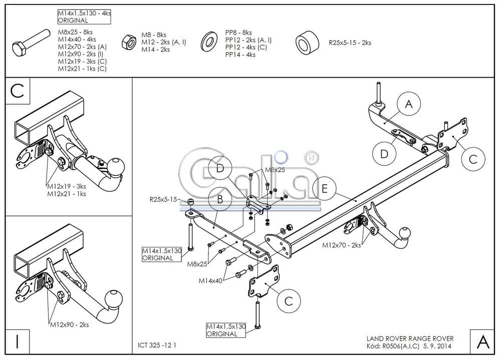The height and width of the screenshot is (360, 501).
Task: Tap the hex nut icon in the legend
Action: point(128,42)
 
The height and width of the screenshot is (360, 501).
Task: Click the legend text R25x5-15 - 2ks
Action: point(350,43)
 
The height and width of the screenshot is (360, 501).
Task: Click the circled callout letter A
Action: point(409,104)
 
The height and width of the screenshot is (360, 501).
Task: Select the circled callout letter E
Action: point(325,189)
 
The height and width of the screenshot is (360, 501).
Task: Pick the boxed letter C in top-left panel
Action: point(17,91)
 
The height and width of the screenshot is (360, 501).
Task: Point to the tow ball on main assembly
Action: point(404,233)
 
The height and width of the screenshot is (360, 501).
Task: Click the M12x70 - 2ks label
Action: point(342,245)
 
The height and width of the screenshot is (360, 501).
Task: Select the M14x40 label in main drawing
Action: point(210,280)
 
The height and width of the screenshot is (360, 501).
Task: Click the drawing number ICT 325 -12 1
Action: point(157,345)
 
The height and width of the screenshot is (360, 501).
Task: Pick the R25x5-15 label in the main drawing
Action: point(163,199)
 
